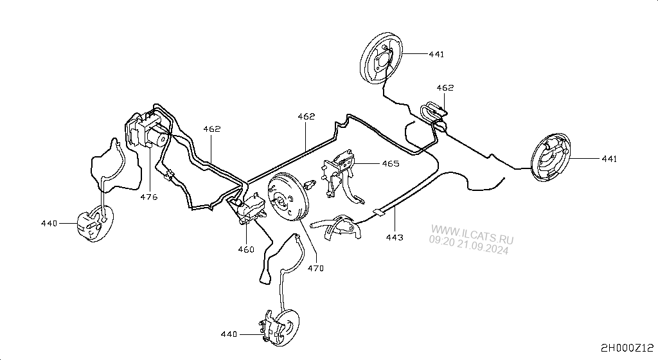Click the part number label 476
point(149,197)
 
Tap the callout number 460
point(246,249)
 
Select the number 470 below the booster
point(316,268)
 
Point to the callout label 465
point(391,163)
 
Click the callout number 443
point(395,237)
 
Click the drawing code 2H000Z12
point(627,348)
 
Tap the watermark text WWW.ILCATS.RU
point(472,235)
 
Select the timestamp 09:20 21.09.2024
point(468,245)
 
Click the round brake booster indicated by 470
point(289,197)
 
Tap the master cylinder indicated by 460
point(250,209)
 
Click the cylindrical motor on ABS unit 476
point(159,137)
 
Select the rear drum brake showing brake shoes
point(551,157)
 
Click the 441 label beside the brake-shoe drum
point(609,159)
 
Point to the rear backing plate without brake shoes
point(381,59)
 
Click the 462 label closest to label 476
point(212,129)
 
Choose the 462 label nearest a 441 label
point(445,87)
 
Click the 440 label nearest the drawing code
point(229,334)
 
